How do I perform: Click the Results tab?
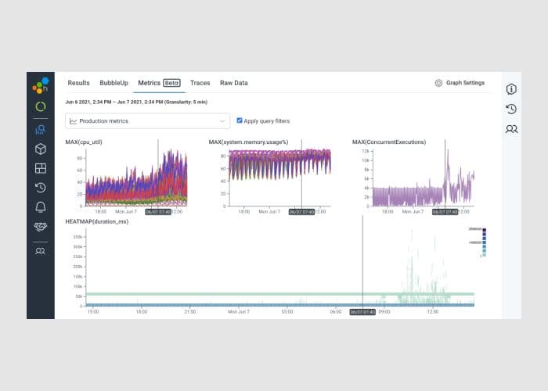tap(78, 83)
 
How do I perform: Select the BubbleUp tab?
tap(114, 83)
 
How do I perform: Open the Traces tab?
tap(200, 83)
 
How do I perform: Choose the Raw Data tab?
tap(233, 83)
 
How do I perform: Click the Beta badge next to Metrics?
tap(171, 83)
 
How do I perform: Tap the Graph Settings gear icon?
tap(438, 83)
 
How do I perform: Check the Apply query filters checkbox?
tap(240, 120)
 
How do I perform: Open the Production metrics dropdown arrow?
tap(222, 121)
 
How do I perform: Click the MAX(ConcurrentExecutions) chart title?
tap(389, 142)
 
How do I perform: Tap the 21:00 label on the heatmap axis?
tap(189, 311)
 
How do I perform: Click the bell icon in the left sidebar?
tap(40, 206)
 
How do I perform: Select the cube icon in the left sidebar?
tap(40, 149)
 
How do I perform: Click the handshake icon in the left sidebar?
tap(40, 226)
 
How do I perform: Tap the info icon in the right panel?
tap(511, 89)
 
